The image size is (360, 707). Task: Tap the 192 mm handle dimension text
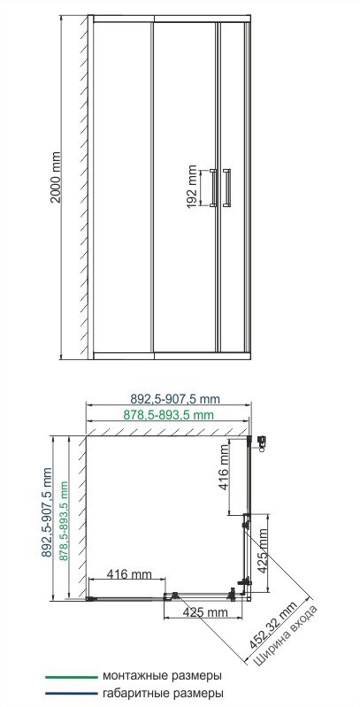point(192,188)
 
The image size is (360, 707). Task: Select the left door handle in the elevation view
point(212,188)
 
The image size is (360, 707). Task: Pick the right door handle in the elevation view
point(228,188)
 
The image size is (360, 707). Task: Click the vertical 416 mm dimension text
point(224,467)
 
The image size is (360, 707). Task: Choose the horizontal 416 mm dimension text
point(129,575)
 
